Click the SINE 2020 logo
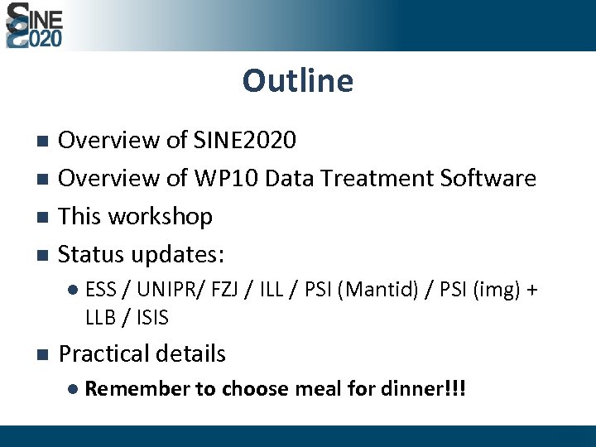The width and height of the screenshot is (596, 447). tap(34, 26)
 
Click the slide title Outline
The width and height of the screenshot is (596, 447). tap(298, 81)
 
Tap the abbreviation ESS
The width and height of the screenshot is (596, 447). tap(101, 290)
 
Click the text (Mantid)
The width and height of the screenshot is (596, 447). tap(379, 291)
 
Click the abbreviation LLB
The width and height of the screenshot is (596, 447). tap(99, 317)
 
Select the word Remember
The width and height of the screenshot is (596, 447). tap(137, 389)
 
